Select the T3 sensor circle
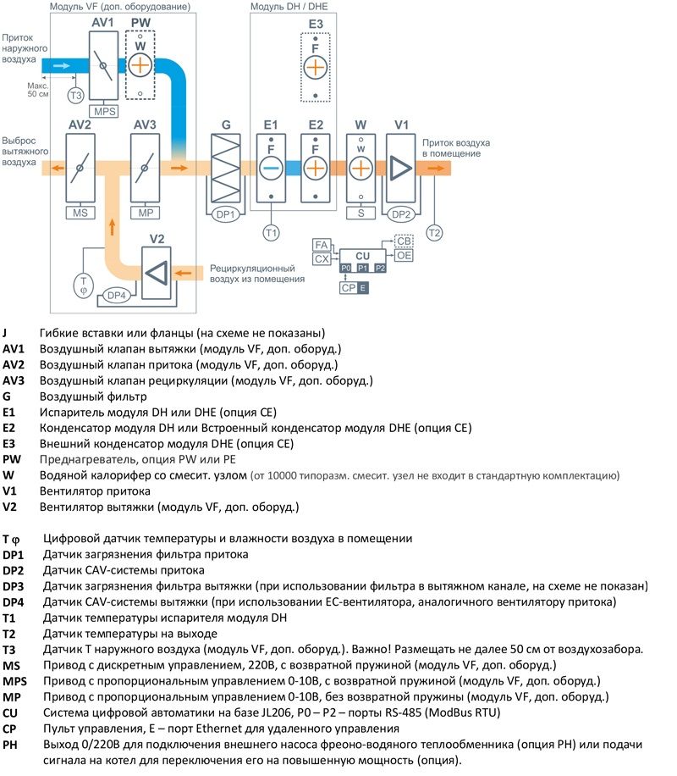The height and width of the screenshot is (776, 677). click(76, 95)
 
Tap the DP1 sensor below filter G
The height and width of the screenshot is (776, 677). click(226, 213)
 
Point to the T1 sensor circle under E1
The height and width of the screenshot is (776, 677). click(271, 230)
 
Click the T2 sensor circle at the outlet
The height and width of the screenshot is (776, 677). click(434, 230)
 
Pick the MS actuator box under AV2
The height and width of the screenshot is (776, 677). click(80, 213)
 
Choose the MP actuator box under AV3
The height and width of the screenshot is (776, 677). click(145, 213)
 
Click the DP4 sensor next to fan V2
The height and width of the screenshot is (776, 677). click(116, 296)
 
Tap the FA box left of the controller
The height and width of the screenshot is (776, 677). click(321, 244)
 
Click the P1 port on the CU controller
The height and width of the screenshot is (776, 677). click(362, 268)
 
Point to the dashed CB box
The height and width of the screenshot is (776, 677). click(405, 241)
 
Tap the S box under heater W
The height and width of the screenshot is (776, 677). click(361, 213)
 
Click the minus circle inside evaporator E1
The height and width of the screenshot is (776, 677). click(271, 167)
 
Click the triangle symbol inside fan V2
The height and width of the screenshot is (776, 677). click(155, 273)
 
